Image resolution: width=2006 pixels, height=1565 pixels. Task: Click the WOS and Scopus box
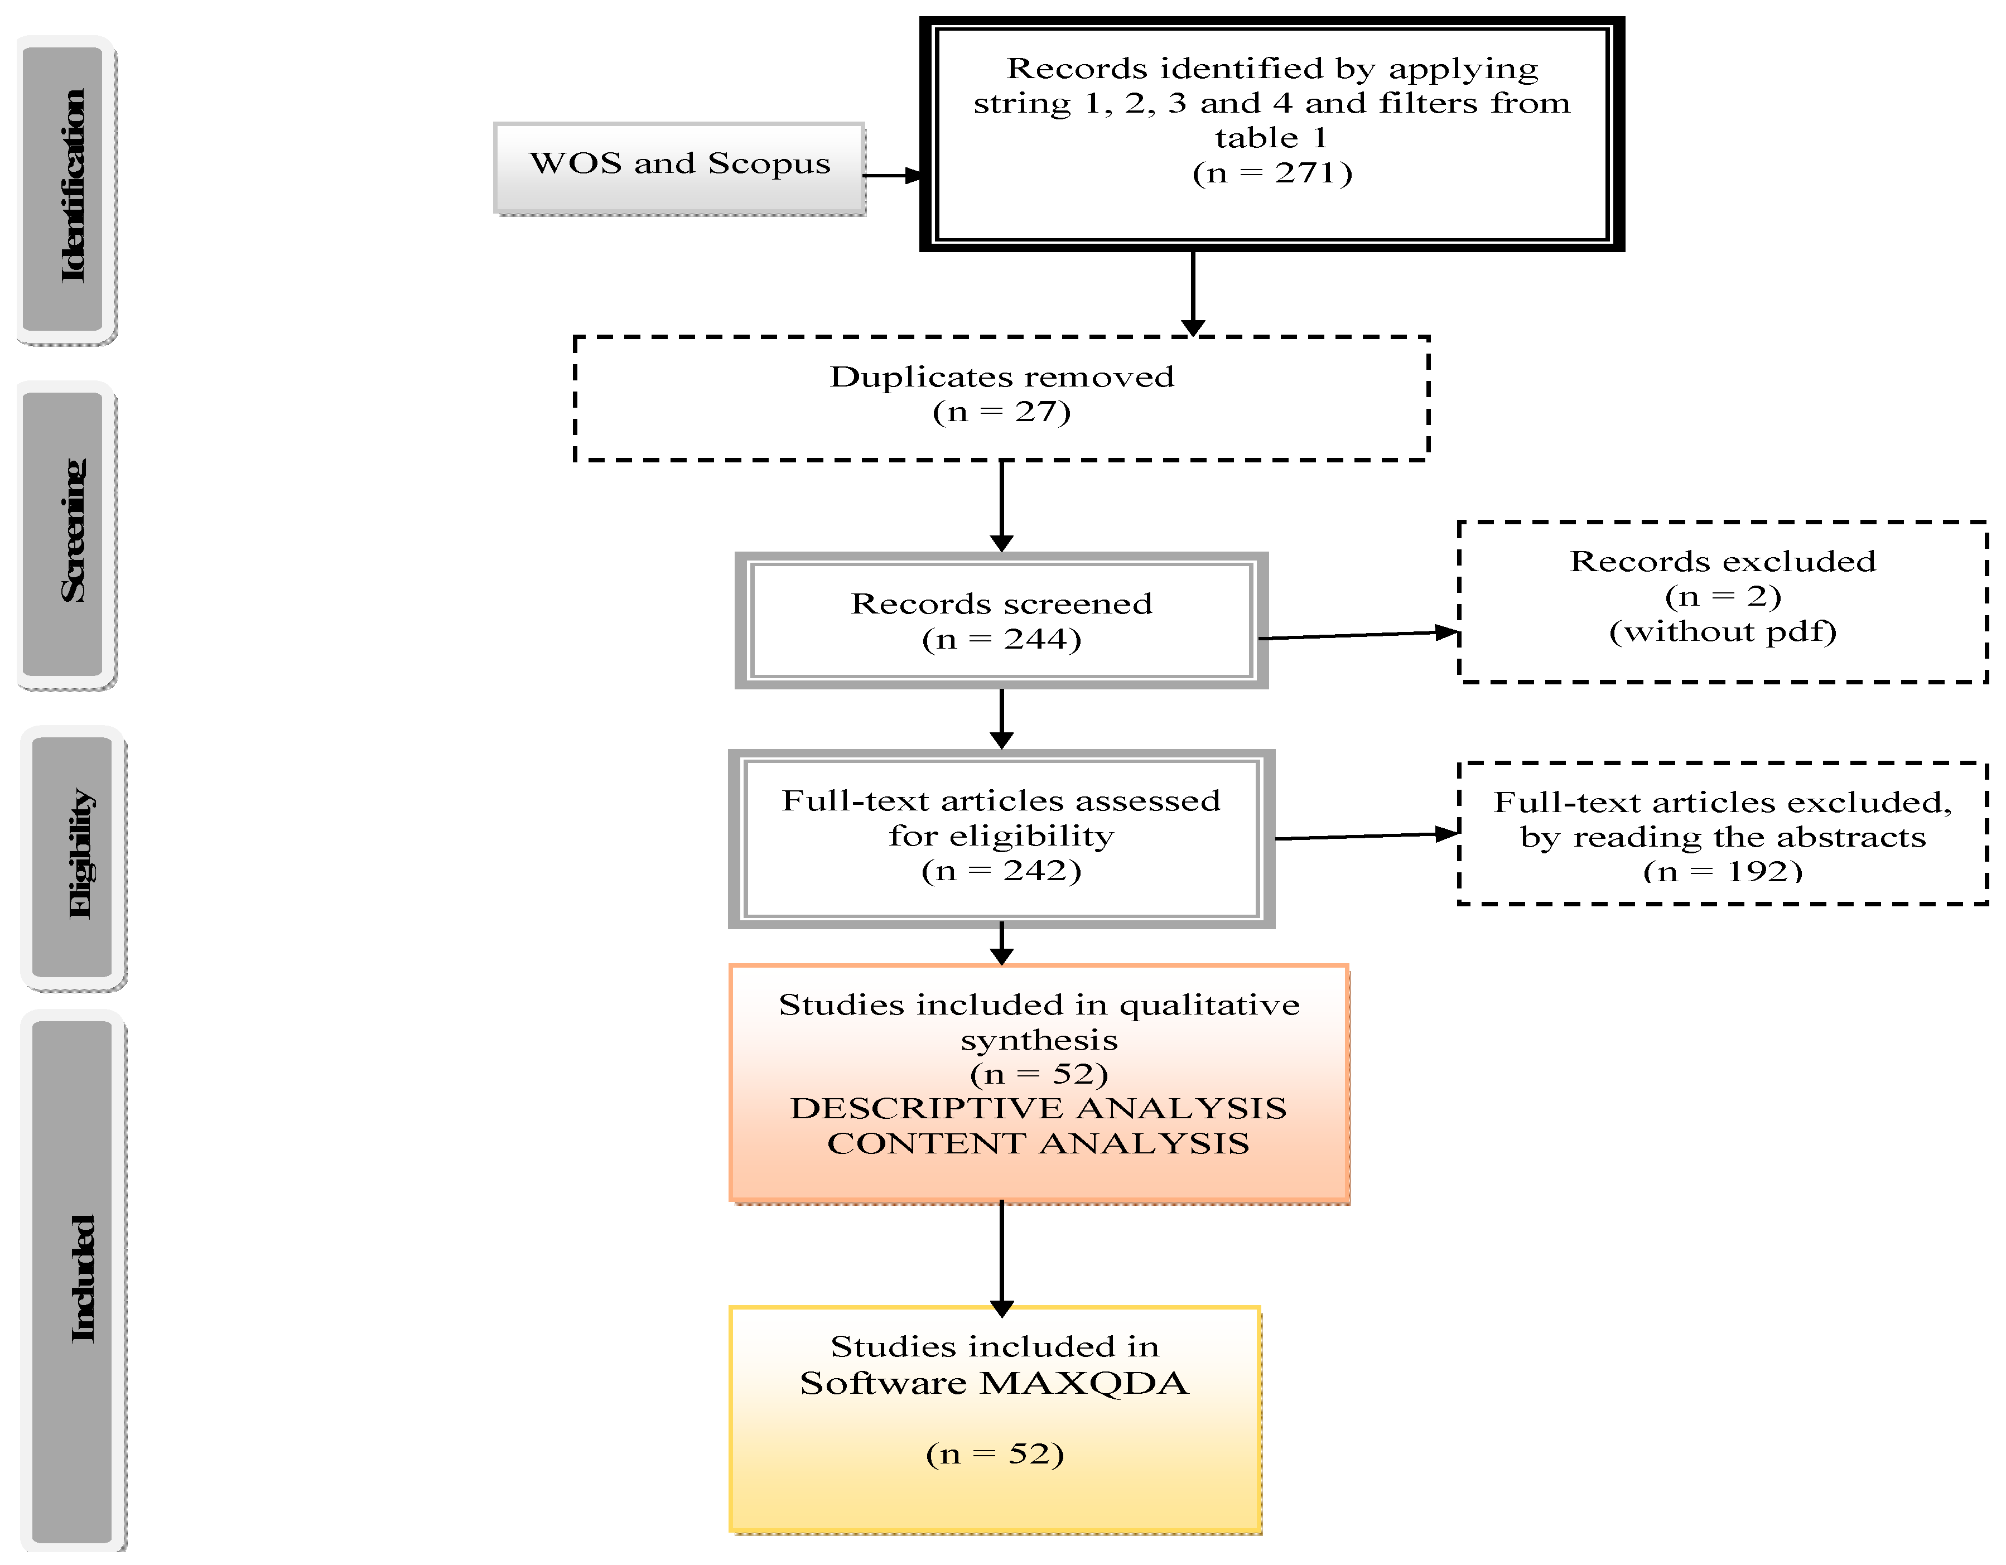679,168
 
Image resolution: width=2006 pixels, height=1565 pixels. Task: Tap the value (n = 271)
1272,173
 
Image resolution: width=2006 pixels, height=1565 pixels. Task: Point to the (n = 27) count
1001,412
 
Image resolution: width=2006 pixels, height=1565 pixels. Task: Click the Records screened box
1001,620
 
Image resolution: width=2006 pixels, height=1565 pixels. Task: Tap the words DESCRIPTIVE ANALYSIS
1038,1109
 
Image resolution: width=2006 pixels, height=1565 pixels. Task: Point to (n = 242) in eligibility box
1001,871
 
